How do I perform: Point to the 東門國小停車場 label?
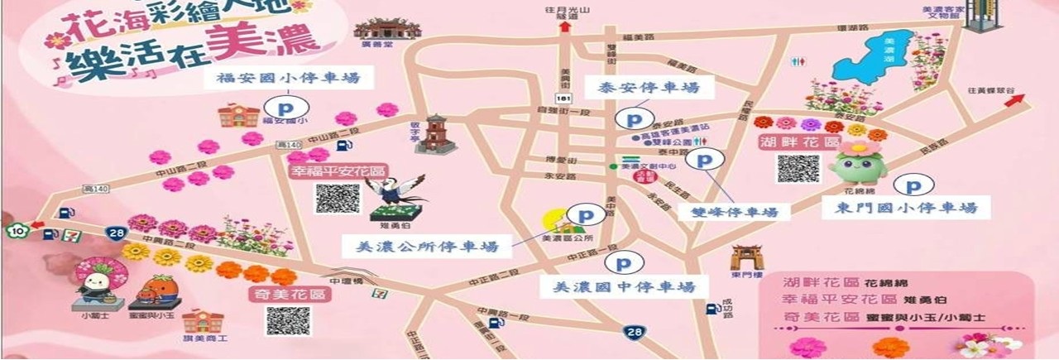coord(907,208)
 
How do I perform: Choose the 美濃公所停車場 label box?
coord(427,246)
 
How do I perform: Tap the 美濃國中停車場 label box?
coord(624,287)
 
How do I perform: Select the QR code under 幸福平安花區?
coord(337,199)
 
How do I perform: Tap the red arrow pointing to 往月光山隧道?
coord(565,27)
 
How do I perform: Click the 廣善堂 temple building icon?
coord(381,29)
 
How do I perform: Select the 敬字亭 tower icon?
coord(435,134)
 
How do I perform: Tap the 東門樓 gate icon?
coord(742,257)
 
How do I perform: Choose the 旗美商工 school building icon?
coord(201,322)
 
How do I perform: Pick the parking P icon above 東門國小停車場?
coord(915,187)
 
